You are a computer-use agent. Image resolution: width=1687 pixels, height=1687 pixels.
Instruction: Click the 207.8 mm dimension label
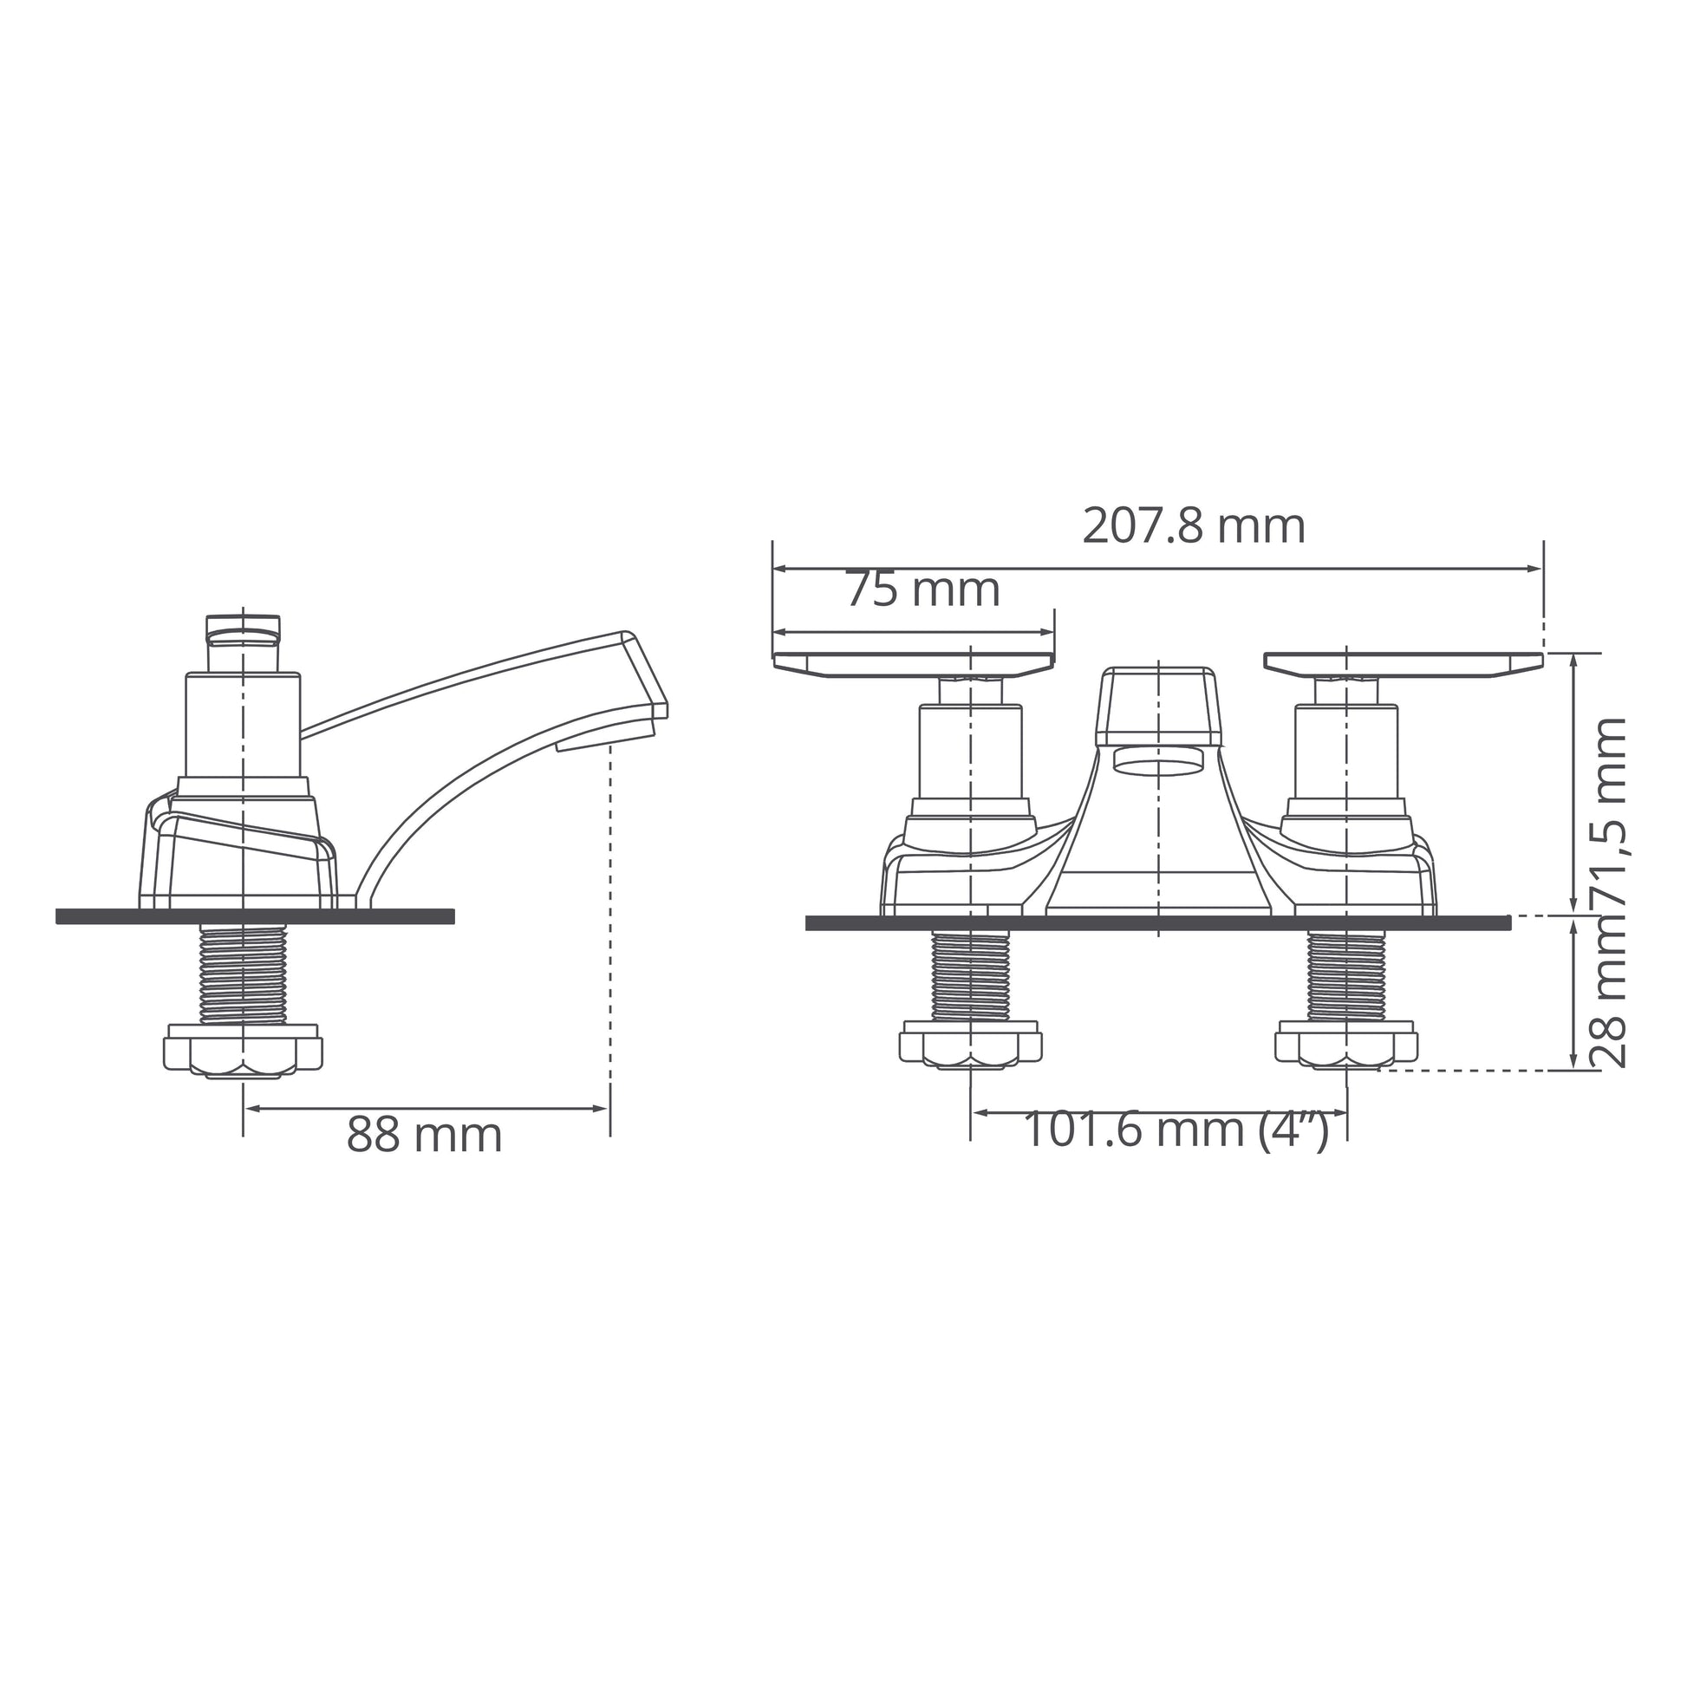tap(1194, 526)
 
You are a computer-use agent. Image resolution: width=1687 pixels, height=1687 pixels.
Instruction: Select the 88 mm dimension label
tap(425, 1135)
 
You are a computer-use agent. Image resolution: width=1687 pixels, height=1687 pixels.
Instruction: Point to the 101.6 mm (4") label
tap(1176, 1129)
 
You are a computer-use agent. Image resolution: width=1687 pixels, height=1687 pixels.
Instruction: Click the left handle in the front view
tap(914, 665)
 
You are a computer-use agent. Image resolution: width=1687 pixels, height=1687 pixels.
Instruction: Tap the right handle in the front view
tap(1404, 665)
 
